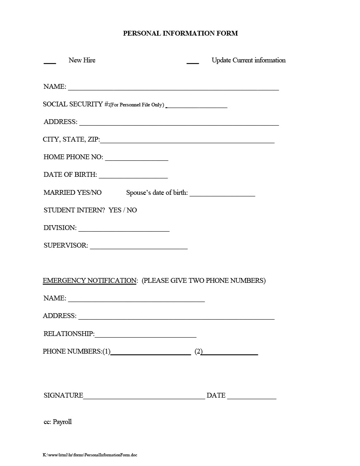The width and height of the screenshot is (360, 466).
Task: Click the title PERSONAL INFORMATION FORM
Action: pyautogui.click(x=180, y=34)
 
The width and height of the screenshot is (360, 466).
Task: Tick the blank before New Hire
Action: pyautogui.click(x=50, y=62)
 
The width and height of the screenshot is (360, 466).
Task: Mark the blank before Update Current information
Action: pyautogui.click(x=192, y=62)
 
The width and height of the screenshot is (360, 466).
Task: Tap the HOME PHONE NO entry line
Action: pyautogui.click(x=136, y=160)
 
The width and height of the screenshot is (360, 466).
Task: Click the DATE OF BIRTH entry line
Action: pyautogui.click(x=133, y=177)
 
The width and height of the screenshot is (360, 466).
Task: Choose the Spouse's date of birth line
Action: pyautogui.click(x=222, y=195)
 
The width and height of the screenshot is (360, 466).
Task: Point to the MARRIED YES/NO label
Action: pyautogui.click(x=72, y=193)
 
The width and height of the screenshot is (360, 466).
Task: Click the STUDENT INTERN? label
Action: pyautogui.click(x=74, y=210)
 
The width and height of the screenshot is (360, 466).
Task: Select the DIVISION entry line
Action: pyautogui.click(x=124, y=230)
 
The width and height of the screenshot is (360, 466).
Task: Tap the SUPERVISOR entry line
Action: pyautogui.click(x=138, y=248)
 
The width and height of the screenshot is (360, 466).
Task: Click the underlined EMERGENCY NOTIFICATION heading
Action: pyautogui.click(x=90, y=281)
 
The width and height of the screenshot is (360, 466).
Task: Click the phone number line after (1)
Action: pyautogui.click(x=150, y=354)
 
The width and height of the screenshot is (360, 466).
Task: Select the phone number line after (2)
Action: pyautogui.click(x=230, y=354)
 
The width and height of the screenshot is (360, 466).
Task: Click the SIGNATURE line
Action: pyautogui.click(x=144, y=398)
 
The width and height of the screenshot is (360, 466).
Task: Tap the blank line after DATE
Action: pyautogui.click(x=252, y=398)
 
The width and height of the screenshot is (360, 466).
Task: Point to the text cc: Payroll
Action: pyautogui.click(x=58, y=422)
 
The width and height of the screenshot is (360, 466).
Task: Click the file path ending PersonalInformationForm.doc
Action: pyautogui.click(x=90, y=455)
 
